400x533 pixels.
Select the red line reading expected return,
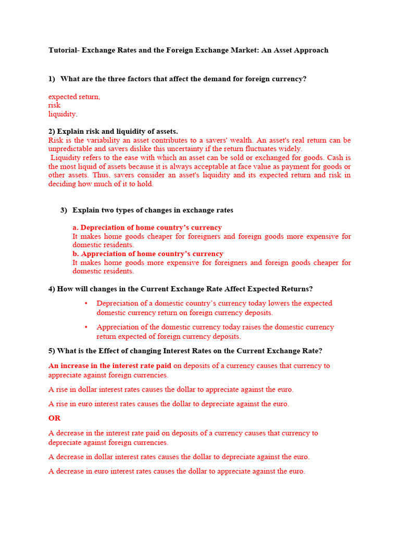click(x=74, y=97)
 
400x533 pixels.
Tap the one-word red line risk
click(x=54, y=105)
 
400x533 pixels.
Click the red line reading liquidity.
click(x=63, y=114)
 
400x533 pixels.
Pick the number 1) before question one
click(x=52, y=79)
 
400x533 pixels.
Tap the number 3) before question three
click(x=64, y=210)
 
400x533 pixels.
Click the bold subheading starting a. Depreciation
click(x=147, y=227)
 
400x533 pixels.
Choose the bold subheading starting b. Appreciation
click(x=148, y=254)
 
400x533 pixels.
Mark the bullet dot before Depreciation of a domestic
click(x=86, y=303)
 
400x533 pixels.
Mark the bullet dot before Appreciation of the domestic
click(x=86, y=327)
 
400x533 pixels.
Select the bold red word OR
click(x=54, y=418)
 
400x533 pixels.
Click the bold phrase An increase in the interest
click(x=110, y=366)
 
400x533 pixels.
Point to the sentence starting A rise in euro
click(x=169, y=404)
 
